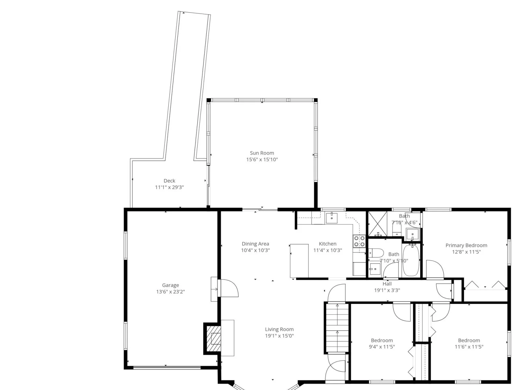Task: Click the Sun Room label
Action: [262, 153]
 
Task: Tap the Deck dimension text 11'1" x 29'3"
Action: [169, 187]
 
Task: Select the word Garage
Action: [170, 285]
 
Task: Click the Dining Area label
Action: [255, 244]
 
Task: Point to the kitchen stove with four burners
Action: [359, 241]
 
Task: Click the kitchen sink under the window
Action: [332, 218]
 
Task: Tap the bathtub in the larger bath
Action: [411, 260]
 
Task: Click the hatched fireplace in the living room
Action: [214, 339]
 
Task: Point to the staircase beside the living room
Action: [337, 327]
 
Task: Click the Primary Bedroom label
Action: [466, 245]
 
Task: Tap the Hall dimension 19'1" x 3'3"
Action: [387, 290]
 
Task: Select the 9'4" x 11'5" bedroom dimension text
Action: [382, 347]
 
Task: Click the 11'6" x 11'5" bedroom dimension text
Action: [469, 347]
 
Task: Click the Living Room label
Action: [279, 329]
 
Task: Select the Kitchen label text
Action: [328, 244]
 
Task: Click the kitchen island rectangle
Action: [299, 261]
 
